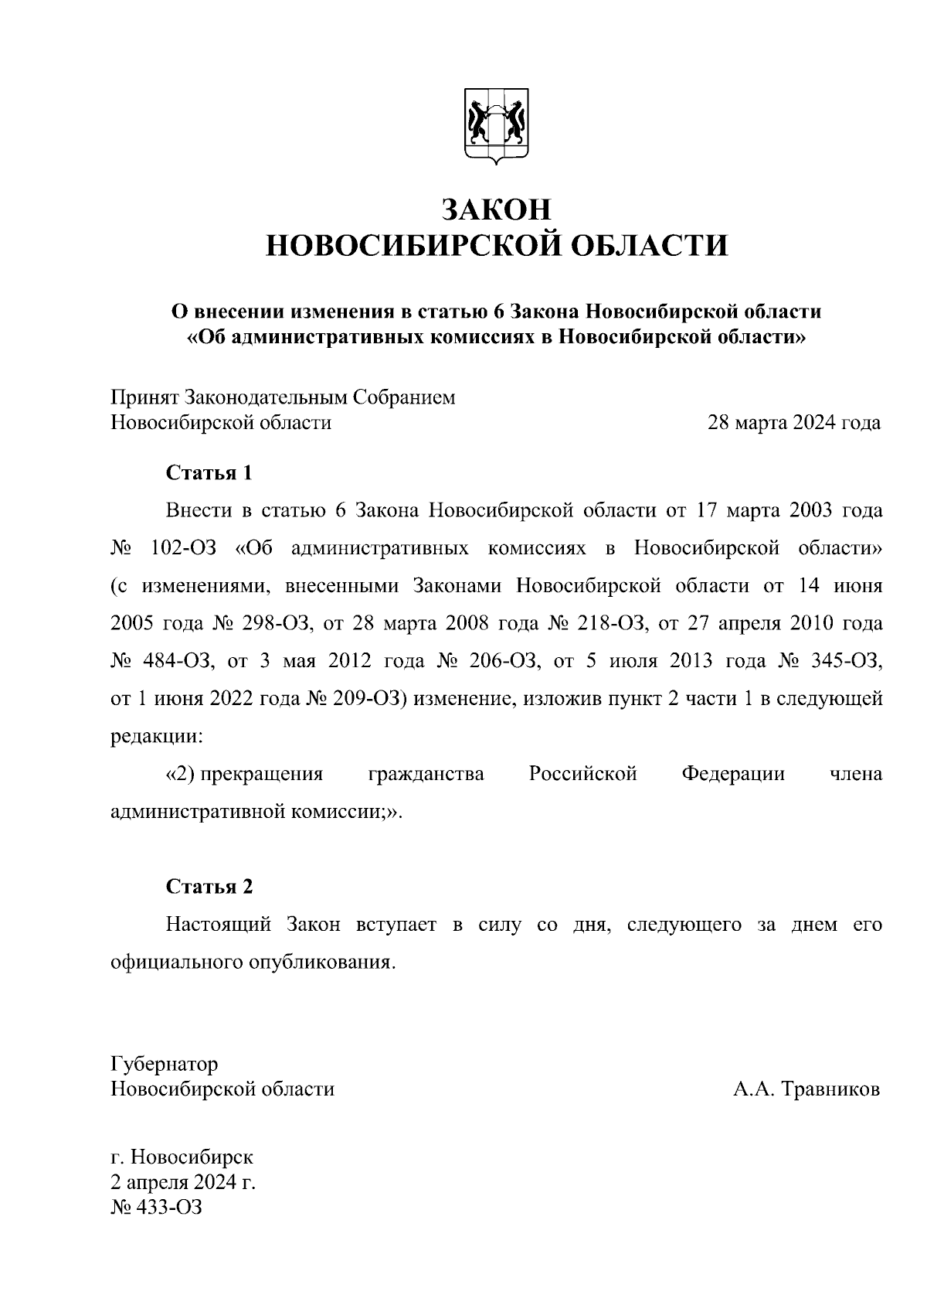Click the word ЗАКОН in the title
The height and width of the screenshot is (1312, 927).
point(496,210)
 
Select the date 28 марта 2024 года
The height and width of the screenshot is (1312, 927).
point(794,423)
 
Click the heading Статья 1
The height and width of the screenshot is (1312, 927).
point(209,472)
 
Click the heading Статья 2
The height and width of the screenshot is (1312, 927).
point(209,887)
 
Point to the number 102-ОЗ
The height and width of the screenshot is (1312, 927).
point(183,548)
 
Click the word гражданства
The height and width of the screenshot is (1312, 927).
point(426,774)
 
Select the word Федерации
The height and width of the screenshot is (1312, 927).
point(733,774)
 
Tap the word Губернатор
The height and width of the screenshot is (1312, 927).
point(165,1064)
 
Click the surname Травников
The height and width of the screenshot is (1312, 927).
point(830,1089)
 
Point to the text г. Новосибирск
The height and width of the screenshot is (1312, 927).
point(182,1157)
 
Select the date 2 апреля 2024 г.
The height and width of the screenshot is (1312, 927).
point(183,1182)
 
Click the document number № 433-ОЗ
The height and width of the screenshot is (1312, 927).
point(157,1207)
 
